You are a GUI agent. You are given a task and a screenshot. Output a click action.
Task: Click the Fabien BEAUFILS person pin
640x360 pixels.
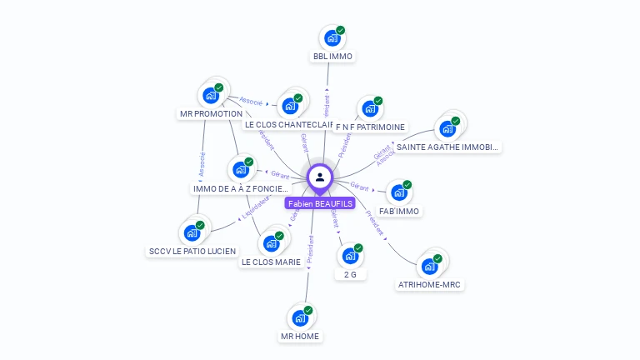[x=320, y=177]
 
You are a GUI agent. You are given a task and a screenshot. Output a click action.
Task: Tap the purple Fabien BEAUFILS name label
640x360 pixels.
[x=320, y=203]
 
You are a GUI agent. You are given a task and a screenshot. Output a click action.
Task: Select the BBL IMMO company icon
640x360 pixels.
[x=332, y=38]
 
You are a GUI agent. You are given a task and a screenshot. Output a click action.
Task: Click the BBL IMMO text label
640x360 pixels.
[x=332, y=57]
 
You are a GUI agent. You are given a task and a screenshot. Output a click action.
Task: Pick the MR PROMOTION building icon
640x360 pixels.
[x=211, y=96]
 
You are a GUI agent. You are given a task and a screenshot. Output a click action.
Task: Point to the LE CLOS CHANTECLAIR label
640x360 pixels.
[x=288, y=125]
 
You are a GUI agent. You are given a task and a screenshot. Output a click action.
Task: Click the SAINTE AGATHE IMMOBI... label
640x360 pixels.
[x=447, y=147]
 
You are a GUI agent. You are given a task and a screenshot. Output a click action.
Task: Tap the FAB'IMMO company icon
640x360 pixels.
[x=399, y=193]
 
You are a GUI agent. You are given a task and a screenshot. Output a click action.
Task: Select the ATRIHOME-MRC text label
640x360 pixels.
[x=430, y=284]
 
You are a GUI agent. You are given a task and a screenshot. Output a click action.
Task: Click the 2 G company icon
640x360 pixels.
[x=350, y=257]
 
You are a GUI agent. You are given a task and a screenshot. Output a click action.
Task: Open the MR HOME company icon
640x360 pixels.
[x=300, y=318]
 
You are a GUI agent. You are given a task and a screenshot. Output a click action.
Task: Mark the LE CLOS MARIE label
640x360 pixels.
[x=271, y=262]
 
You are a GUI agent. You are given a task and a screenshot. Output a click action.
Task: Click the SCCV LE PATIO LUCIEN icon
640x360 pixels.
[x=192, y=233]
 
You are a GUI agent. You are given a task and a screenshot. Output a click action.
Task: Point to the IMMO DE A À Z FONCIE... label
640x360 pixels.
[x=240, y=189]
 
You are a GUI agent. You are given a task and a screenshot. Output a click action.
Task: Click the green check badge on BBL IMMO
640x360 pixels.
[x=340, y=31]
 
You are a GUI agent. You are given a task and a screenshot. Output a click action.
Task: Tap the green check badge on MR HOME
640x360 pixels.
[x=307, y=311]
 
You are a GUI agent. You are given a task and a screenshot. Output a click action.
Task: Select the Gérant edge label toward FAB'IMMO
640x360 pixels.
[x=359, y=187]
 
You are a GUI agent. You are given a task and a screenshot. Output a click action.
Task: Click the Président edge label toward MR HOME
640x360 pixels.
[x=310, y=249]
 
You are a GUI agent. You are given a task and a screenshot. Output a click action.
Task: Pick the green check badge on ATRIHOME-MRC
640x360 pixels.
[x=437, y=258]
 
